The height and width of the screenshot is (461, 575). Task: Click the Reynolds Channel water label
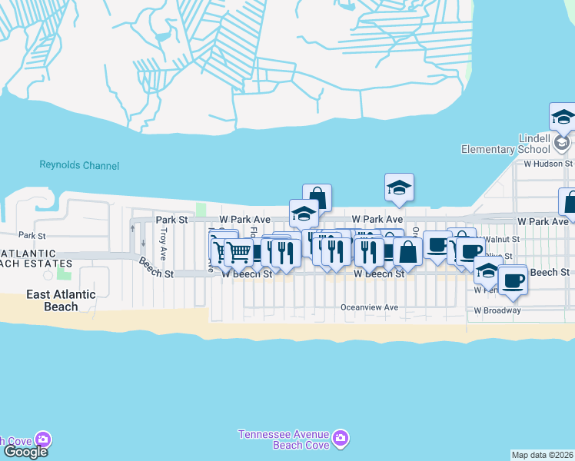(x=80, y=165)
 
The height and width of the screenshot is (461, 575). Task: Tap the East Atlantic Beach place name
(x=61, y=300)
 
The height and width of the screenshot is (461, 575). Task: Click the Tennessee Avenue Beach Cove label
(x=283, y=439)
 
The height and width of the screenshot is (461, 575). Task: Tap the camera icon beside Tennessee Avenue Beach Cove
(x=339, y=440)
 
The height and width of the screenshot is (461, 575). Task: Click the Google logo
(x=25, y=452)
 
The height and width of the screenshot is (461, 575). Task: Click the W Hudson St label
(x=548, y=164)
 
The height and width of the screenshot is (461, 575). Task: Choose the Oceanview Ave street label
(x=369, y=307)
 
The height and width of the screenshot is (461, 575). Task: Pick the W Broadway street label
(x=497, y=310)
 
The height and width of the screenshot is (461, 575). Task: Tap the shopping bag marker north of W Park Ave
(x=317, y=198)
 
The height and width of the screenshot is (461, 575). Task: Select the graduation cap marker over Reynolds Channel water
(x=399, y=187)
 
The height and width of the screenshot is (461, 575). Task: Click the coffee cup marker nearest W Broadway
(x=512, y=280)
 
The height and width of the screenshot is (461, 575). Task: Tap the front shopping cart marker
(x=240, y=251)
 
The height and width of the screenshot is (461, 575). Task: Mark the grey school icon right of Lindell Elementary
(x=563, y=144)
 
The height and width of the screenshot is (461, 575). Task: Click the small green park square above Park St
(x=202, y=209)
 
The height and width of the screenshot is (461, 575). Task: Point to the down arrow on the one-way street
(x=143, y=244)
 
